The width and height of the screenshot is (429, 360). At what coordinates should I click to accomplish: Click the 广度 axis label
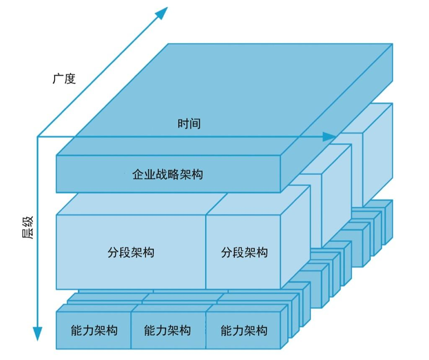coord(64,79)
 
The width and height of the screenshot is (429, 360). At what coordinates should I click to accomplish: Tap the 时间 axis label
coord(189,124)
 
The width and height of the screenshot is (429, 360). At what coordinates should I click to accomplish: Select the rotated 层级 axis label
coord(28,228)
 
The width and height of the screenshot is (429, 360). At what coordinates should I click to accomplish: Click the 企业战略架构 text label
coord(168,174)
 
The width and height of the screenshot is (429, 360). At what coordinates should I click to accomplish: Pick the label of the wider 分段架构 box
coord(131,252)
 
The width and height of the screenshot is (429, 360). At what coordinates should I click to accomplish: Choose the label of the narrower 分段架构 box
coord(244,252)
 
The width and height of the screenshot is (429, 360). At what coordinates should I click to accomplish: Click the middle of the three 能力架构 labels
coord(167,331)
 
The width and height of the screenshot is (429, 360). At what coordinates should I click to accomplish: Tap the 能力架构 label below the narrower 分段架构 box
coord(244,331)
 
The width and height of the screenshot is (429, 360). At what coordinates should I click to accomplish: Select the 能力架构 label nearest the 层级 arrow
coord(94,331)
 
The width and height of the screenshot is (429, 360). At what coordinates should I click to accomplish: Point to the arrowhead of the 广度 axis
coord(162,12)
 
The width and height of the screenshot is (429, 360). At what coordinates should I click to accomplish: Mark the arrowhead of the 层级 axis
coord(38,334)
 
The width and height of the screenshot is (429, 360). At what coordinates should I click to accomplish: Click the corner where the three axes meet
coord(38,136)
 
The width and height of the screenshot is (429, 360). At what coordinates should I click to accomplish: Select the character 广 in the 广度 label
coord(58,79)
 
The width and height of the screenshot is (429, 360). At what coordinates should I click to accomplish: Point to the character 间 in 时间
coord(195,124)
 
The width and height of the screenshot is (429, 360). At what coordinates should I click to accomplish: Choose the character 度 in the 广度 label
coord(70,79)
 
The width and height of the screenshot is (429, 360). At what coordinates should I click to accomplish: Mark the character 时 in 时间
coord(183,124)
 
